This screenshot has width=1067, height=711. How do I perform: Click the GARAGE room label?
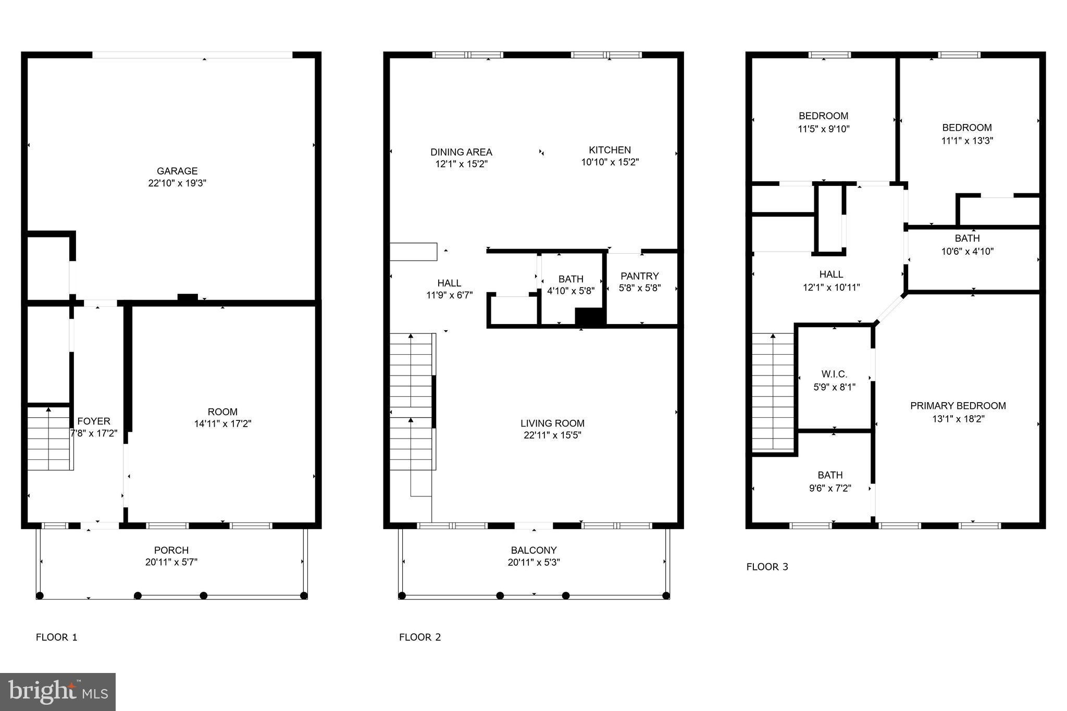pos(177,171)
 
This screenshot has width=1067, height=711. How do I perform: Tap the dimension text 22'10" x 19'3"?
pos(177,183)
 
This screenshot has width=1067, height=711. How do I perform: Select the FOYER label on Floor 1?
pos(94,421)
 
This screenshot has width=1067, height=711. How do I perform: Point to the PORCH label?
pos(171,550)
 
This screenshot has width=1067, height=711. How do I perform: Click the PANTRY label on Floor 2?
pos(640,276)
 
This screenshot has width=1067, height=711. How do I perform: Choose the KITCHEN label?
pos(610,150)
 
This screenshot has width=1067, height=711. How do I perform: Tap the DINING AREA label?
pos(461,152)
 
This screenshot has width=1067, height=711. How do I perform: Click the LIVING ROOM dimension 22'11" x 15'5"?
pos(552,435)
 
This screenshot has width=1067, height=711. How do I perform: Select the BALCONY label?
pos(533,550)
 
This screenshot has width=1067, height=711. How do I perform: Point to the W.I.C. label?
pos(834,374)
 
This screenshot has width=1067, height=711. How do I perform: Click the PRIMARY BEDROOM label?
pos(958,406)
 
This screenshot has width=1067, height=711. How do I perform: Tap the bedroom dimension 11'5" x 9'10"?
pos(824,129)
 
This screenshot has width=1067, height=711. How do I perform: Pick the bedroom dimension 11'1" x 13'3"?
pos(967,141)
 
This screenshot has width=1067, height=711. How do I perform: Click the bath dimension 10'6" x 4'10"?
pos(967,251)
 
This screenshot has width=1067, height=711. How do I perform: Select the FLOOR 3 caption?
pos(767,567)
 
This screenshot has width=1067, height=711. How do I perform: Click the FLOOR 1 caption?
pos(56,637)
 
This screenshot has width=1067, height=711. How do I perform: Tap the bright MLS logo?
pos(58,692)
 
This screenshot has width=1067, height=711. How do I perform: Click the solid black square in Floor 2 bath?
pos(589,317)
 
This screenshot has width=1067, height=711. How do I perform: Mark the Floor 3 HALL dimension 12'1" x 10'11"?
pos(831,287)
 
